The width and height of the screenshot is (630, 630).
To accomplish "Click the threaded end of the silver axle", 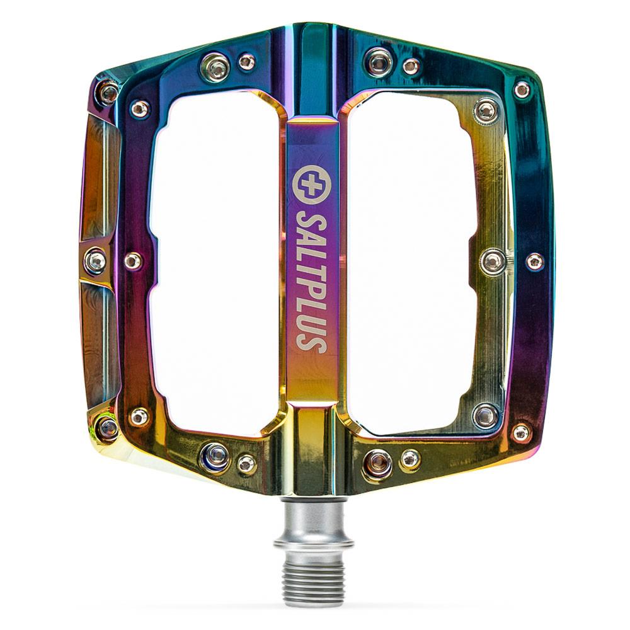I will click(312, 583).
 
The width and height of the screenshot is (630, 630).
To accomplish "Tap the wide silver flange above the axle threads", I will click(313, 543).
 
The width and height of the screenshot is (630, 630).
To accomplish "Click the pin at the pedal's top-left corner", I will click(108, 93).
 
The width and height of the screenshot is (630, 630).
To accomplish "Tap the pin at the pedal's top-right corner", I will click(522, 89).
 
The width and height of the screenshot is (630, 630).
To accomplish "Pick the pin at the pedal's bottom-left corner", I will click(107, 429).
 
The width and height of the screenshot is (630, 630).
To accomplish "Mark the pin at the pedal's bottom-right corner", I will click(521, 432).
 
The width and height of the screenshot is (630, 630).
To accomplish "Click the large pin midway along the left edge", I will click(95, 261).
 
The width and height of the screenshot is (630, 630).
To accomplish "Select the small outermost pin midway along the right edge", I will click(534, 261).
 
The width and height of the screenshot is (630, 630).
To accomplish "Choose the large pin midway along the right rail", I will click(493, 261).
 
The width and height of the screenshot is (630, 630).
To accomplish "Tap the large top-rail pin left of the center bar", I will click(215, 67).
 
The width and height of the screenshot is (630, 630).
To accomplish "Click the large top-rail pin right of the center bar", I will click(379, 62).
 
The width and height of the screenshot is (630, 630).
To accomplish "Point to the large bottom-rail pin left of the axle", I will click(215, 456).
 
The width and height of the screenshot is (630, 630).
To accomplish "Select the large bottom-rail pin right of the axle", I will click(378, 463).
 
